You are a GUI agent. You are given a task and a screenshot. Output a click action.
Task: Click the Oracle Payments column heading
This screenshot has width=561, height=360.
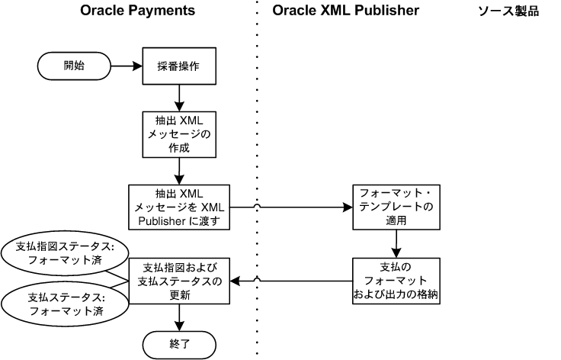138,11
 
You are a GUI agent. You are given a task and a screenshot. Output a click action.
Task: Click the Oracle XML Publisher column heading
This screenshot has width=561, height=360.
345,11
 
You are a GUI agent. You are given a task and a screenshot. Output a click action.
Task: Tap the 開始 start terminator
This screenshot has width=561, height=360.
73,66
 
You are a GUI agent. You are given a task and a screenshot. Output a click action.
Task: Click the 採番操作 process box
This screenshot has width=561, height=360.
181,66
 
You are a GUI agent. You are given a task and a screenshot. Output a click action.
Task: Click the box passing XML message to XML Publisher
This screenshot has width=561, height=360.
180,206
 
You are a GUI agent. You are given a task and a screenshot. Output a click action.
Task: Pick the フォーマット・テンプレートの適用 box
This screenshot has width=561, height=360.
396,206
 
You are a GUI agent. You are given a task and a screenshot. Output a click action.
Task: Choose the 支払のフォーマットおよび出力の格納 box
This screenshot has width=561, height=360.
396,281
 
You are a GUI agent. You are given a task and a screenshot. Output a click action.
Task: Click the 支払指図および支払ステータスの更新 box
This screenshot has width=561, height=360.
180,281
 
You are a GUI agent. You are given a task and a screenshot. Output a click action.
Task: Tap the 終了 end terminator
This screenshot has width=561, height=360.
181,345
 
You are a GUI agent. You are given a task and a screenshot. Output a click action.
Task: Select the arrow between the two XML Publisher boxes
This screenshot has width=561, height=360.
396,243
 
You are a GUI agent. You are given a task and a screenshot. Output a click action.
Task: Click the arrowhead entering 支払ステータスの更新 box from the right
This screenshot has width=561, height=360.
237,281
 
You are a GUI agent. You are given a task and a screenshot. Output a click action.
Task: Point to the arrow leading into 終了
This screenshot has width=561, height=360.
181,317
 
